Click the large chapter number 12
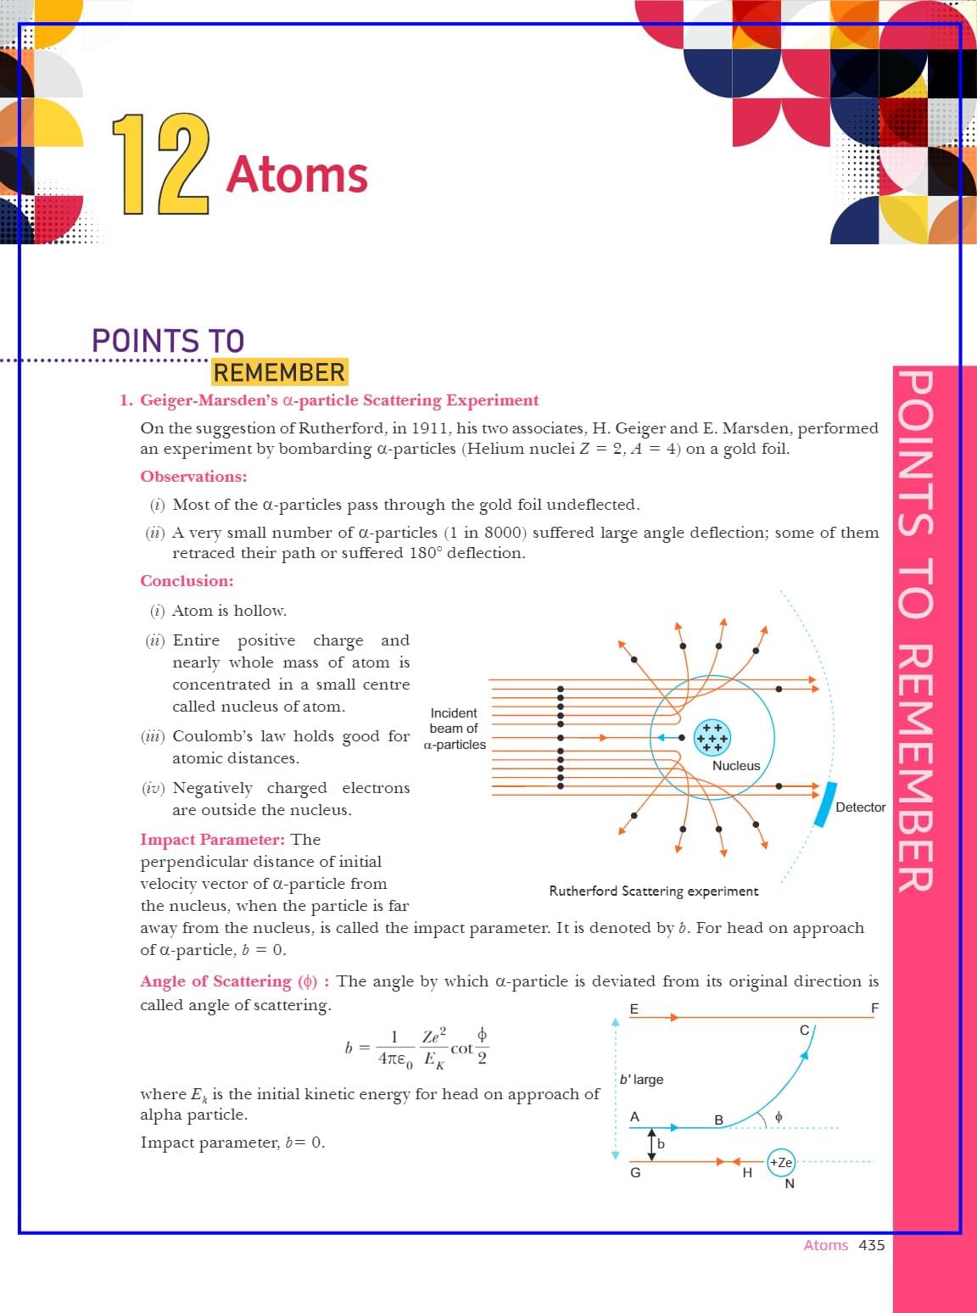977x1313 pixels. point(160,165)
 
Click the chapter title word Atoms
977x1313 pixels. point(297,175)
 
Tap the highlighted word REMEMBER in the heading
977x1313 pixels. point(279,372)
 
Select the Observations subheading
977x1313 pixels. point(193,477)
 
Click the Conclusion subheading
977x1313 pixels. point(187,581)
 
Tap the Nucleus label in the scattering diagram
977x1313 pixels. point(736,765)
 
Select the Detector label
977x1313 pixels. point(860,807)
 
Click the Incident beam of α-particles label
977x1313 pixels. point(454,729)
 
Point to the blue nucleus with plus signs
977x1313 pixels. point(712,737)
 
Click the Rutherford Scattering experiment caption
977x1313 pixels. point(654,891)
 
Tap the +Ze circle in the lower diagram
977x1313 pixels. point(780,1162)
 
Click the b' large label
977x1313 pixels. point(642,1080)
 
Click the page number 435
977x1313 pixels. point(872,1245)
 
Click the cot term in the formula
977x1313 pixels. point(461,1048)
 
